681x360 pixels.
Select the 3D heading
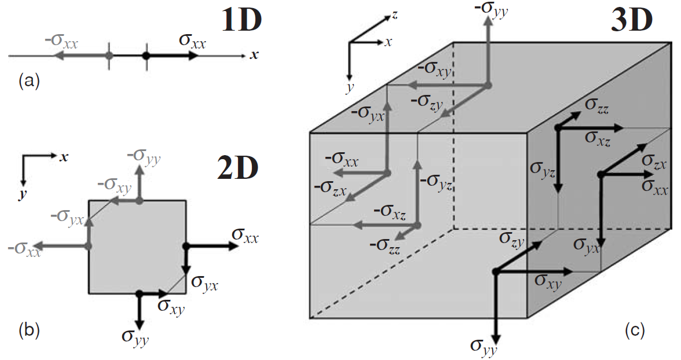(632, 21)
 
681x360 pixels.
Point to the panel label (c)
(635, 330)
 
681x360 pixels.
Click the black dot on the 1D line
(146, 56)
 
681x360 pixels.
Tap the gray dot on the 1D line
(108, 56)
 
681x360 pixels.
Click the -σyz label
(436, 182)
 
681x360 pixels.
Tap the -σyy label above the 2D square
(144, 156)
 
